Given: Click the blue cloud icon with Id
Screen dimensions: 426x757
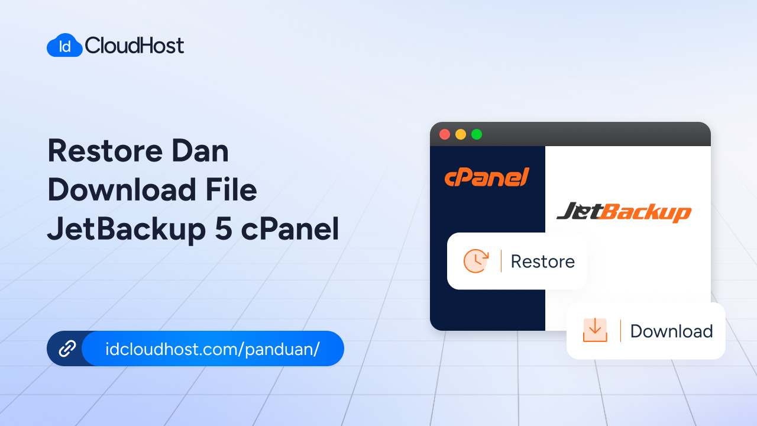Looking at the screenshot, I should [x=64, y=46].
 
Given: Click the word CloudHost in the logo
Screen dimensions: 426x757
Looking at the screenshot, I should [x=135, y=46].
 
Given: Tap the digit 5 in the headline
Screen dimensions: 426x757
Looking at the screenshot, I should [x=224, y=230].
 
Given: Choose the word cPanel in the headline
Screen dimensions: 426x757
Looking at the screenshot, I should [x=290, y=230].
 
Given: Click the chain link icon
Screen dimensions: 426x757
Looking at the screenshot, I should [x=67, y=348].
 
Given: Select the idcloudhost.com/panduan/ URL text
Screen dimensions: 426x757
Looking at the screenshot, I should [x=212, y=348].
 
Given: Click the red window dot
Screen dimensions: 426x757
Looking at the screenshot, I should [x=445, y=134].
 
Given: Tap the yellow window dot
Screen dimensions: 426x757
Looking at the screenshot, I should [x=461, y=134].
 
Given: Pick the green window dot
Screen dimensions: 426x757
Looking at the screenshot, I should [x=477, y=134].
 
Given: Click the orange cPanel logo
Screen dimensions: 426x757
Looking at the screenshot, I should [x=487, y=177].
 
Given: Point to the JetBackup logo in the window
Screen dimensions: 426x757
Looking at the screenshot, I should [x=624, y=212].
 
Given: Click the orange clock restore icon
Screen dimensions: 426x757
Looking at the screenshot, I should [x=476, y=261].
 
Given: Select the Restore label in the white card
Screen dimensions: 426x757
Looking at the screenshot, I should [x=542, y=262].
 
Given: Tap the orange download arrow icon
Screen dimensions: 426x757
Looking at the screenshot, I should [x=595, y=330].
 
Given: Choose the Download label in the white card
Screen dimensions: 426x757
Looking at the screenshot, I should [x=671, y=331].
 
